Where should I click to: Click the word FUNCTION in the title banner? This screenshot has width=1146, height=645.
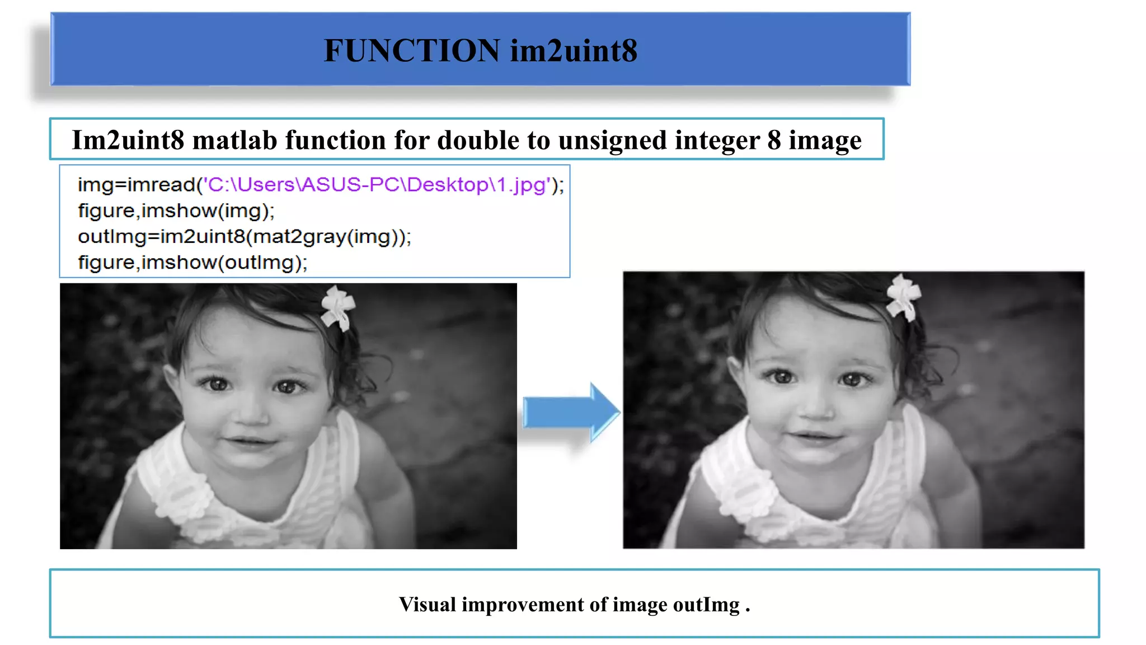point(412,50)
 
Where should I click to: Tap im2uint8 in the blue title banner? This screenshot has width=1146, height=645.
point(574,50)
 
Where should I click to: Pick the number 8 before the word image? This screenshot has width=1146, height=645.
point(774,140)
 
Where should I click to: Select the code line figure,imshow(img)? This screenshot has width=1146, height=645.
point(176,211)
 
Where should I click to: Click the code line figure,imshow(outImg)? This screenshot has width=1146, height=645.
point(192,262)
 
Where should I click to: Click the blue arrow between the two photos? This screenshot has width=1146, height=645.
point(571,413)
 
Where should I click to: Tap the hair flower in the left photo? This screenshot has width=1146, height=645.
point(337,306)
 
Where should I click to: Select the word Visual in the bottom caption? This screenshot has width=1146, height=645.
point(428,605)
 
